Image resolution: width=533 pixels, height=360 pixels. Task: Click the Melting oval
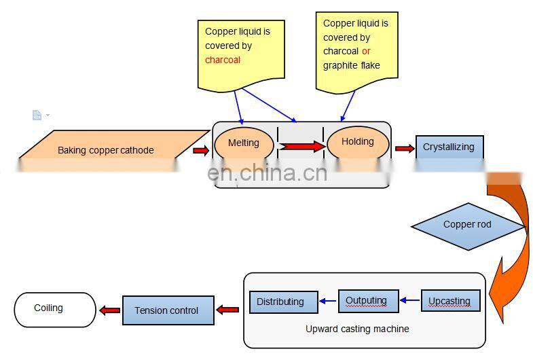pos(244,143)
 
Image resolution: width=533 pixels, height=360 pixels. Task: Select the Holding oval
pos(358,142)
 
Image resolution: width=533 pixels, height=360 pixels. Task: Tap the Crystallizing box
pos(449,147)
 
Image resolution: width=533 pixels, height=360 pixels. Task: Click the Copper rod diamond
pos(467,225)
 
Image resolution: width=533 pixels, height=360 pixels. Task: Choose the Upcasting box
pos(450,301)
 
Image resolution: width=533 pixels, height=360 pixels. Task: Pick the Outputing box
pos(367,301)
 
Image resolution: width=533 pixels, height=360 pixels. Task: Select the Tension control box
pos(167,310)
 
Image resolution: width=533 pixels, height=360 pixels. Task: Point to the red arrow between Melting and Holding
pos(301,145)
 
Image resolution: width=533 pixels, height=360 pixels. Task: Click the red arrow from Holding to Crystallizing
pos(404,148)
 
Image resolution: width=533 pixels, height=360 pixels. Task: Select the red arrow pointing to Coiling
pos(109,310)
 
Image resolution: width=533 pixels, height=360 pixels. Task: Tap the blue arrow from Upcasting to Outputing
pos(409,300)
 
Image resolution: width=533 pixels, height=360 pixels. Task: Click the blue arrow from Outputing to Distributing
pos(328,301)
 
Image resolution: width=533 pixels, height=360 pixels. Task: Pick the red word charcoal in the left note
pos(223,60)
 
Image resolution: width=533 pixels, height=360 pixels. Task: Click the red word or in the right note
pos(366,51)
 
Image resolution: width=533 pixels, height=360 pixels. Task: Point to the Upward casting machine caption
pos(357,329)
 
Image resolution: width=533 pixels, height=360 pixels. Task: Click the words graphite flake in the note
pos(351,65)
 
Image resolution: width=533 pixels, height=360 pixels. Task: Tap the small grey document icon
pos(37,115)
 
